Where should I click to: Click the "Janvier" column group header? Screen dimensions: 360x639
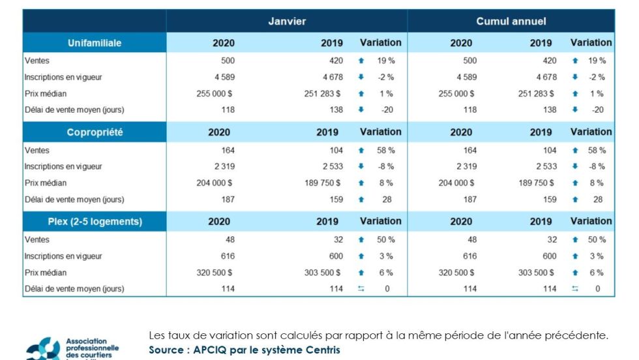287,21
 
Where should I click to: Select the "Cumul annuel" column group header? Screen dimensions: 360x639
511,21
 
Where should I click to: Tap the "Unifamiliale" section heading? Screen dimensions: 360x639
95,43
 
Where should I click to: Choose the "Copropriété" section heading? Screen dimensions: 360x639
95,132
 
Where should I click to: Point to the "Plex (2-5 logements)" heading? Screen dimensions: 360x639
95,222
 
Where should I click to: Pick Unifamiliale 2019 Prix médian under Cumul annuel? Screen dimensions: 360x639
536,93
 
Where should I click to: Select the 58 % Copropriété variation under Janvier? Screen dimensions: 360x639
386,150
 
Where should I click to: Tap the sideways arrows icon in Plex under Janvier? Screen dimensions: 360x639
361,288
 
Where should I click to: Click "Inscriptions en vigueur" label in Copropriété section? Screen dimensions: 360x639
63,166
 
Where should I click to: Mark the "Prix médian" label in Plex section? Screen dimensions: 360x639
46,272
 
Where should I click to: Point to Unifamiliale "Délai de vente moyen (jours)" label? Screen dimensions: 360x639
74,110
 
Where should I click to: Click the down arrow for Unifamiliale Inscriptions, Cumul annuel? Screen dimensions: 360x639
575,77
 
